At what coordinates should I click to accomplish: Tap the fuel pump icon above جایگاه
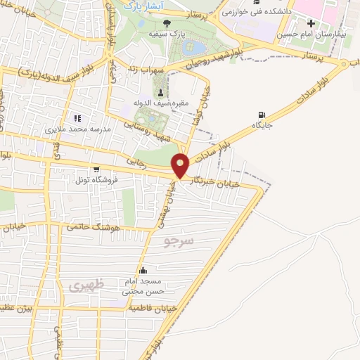262,115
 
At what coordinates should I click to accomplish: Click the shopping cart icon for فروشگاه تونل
96,169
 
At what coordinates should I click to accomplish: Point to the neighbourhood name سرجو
179,242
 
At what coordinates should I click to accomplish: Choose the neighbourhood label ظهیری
87,285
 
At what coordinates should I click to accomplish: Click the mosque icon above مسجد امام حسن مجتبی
143,271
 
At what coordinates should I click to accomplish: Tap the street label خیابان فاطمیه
149,308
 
